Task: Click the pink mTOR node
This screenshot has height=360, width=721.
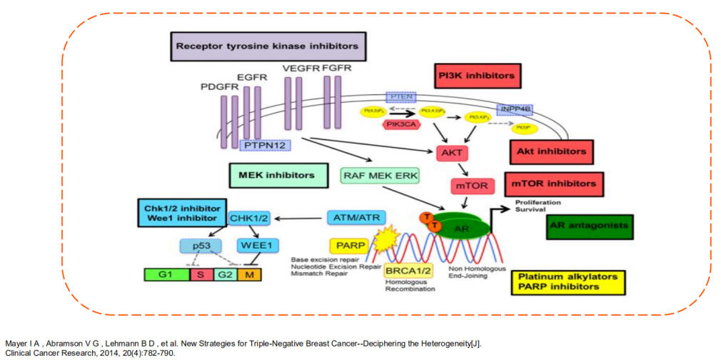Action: tap(470, 185)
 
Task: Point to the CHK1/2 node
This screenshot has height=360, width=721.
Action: tap(249, 216)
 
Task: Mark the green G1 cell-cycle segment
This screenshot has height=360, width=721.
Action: tap(166, 274)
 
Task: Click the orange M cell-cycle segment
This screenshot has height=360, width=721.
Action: tap(249, 274)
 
